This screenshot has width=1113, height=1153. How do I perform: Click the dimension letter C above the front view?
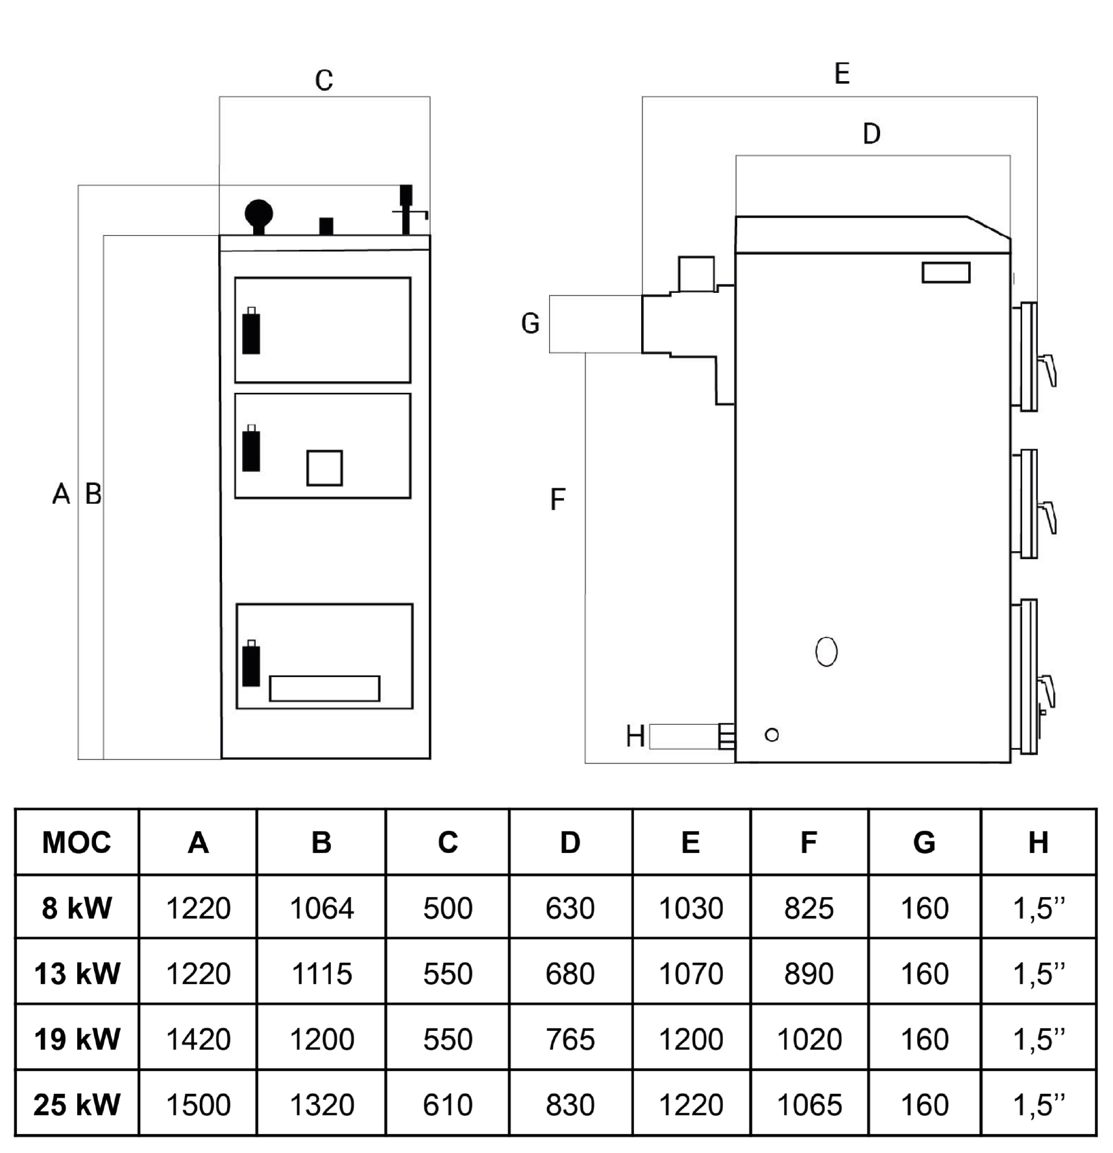coord(324,81)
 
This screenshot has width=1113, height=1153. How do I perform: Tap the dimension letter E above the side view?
coord(842,73)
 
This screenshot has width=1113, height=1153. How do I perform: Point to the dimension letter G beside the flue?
coord(530,323)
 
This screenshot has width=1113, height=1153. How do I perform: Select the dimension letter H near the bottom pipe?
coord(635,736)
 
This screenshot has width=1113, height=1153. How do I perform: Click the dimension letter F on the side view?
coord(557,499)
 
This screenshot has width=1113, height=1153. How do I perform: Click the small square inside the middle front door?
coord(324,468)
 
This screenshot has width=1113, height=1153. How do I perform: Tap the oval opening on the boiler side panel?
coord(826,651)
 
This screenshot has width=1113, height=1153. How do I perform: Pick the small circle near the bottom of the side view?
coord(772,735)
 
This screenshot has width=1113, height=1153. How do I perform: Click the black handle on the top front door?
coord(251,332)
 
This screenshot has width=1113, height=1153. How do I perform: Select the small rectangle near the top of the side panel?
coord(946,273)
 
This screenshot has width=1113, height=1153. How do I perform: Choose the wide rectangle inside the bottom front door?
coord(324,688)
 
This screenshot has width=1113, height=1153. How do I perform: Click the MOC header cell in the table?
coord(77,843)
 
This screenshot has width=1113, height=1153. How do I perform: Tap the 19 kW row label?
coord(77,1039)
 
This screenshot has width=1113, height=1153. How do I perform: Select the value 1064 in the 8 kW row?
coord(321,908)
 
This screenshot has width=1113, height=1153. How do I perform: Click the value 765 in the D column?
coord(570,1039)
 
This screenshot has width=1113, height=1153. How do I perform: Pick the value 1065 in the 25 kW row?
coord(809,1105)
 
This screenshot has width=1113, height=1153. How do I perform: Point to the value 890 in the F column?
coord(809,974)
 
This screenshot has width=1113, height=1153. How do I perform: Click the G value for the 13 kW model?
coord(924,974)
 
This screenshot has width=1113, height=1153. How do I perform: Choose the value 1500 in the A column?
coord(198,1105)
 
